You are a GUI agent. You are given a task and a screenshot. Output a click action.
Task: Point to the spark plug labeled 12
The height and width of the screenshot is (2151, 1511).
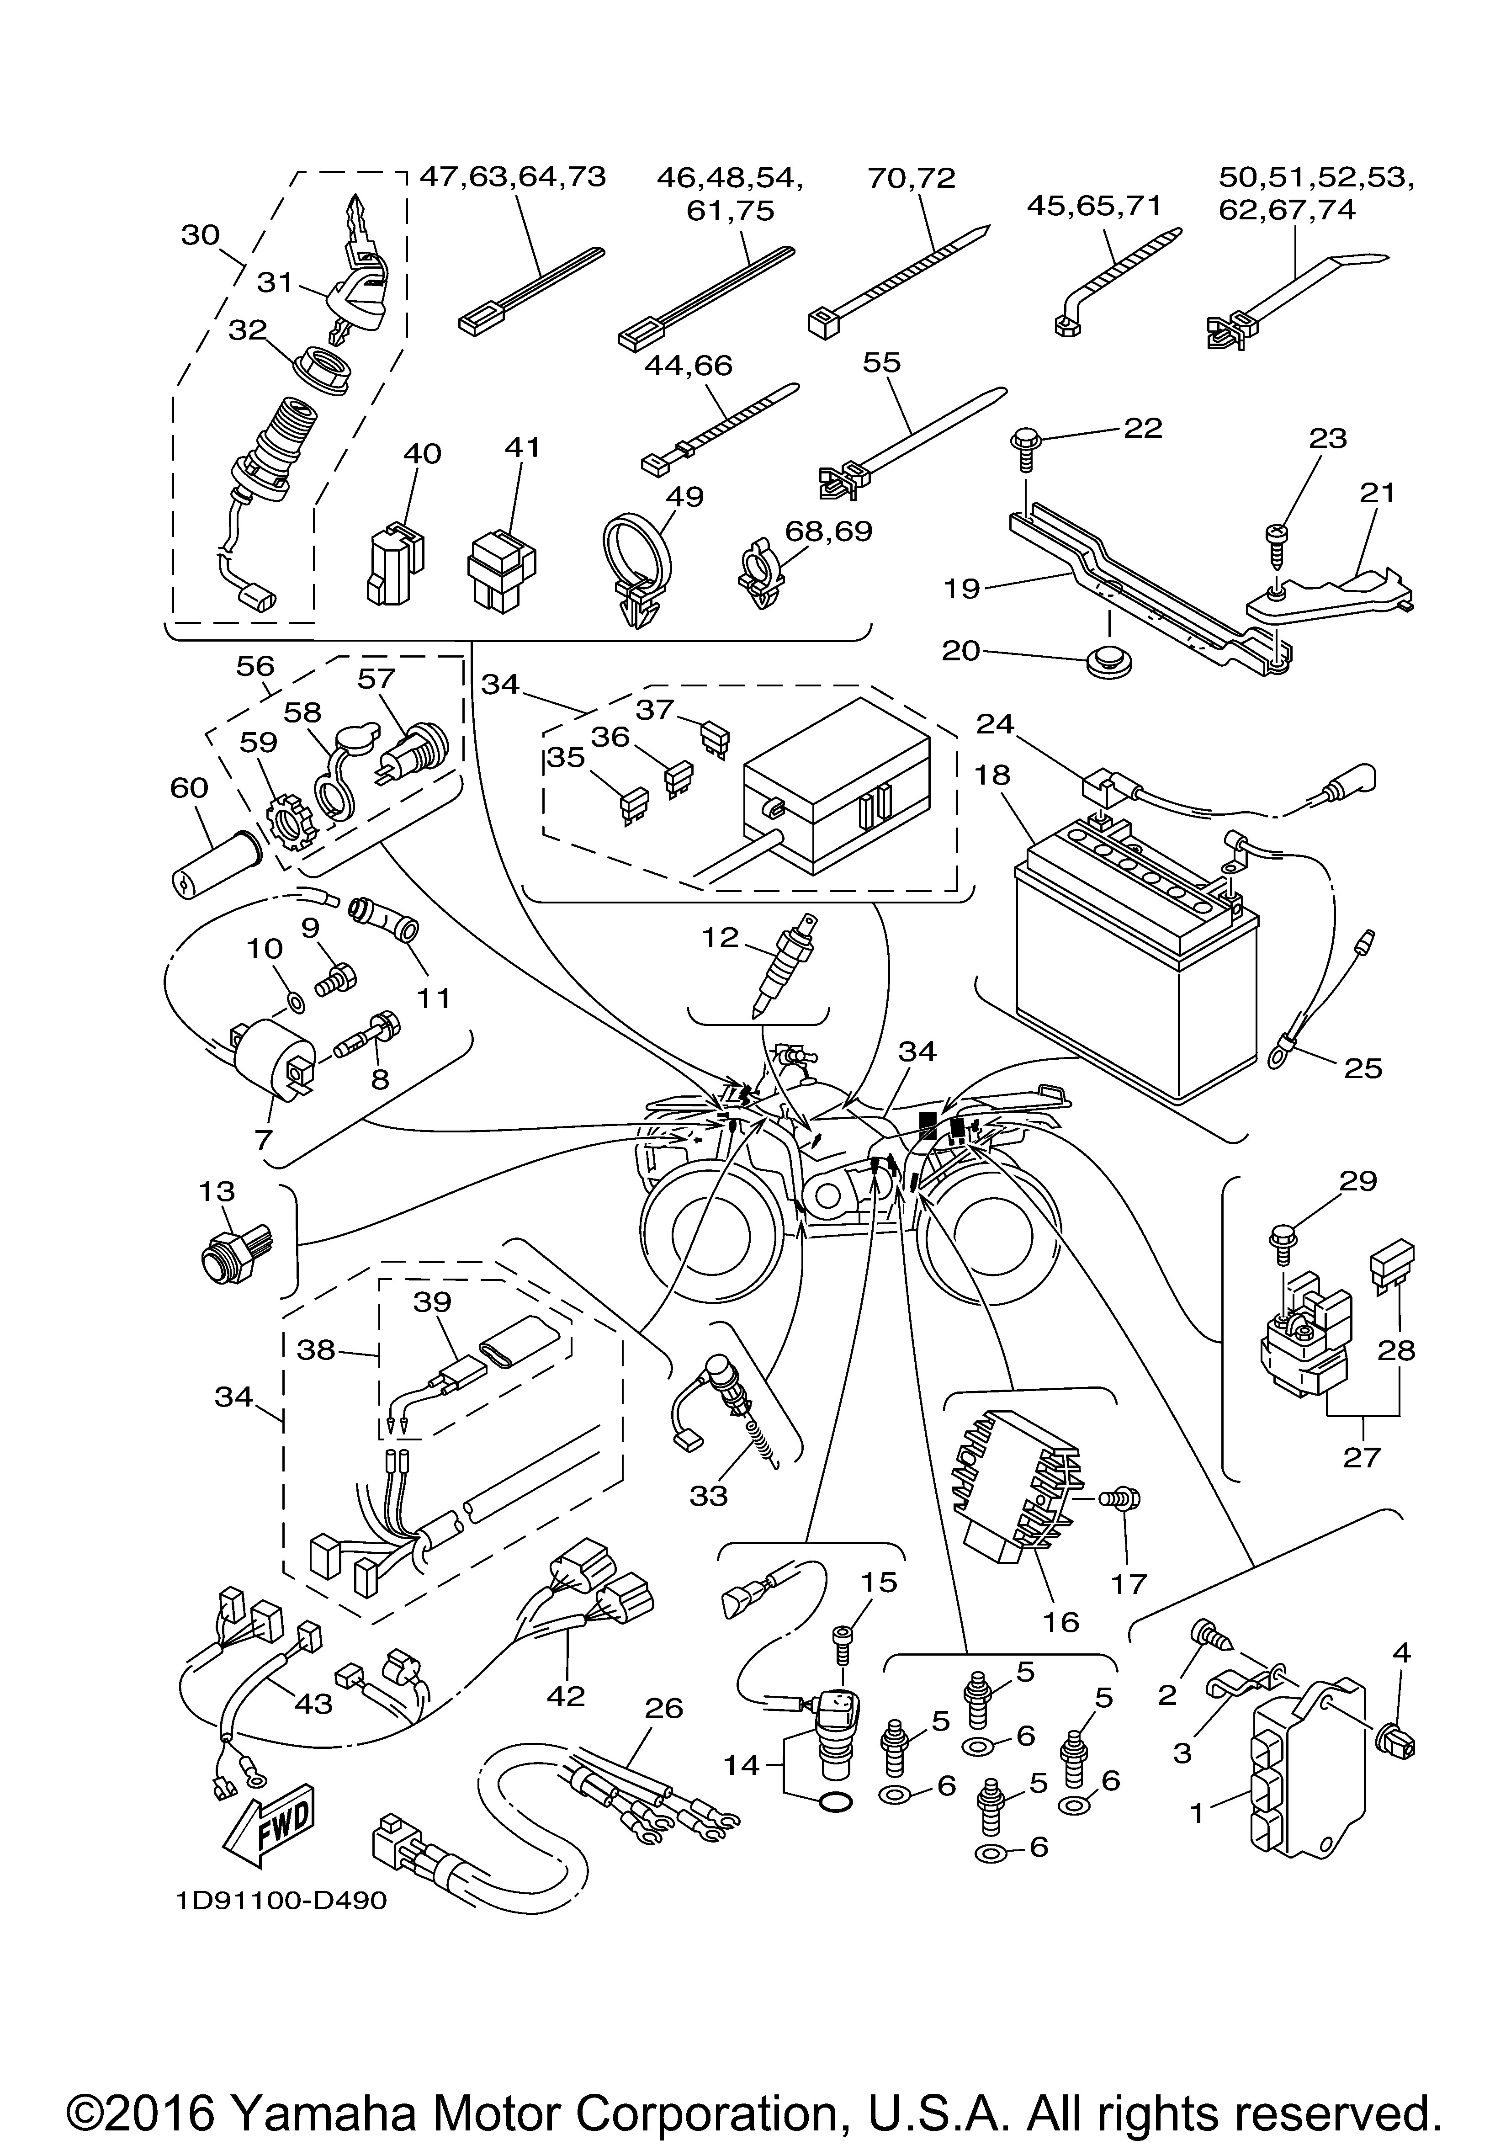(x=783, y=965)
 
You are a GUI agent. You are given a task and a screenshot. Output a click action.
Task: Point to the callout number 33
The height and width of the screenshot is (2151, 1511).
(x=708, y=1496)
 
